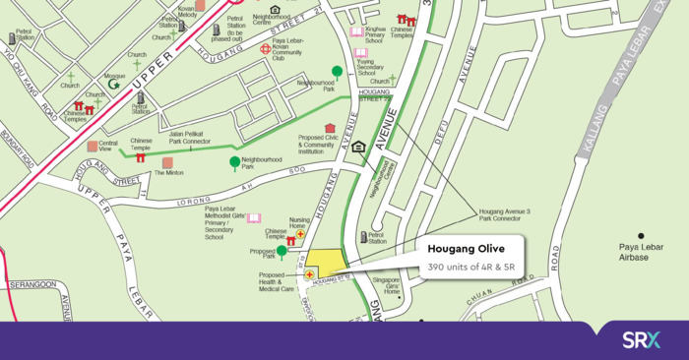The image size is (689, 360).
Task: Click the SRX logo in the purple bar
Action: tap(641, 340)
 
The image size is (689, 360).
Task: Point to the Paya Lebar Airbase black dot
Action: tap(641, 235)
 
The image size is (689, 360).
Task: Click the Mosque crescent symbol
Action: tap(114, 85)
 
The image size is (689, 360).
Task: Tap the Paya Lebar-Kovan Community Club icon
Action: tap(265, 48)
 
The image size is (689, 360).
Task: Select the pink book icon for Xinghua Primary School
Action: tap(356, 31)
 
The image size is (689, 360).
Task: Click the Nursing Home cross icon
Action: tap(300, 234)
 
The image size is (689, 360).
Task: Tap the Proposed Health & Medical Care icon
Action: tap(309, 274)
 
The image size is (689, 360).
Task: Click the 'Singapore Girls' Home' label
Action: tap(392, 286)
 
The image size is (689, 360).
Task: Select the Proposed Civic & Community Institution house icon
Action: tap(330, 128)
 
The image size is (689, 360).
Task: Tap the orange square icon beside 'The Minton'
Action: tap(167, 162)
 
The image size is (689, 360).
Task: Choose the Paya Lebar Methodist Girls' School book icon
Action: tap(254, 217)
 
